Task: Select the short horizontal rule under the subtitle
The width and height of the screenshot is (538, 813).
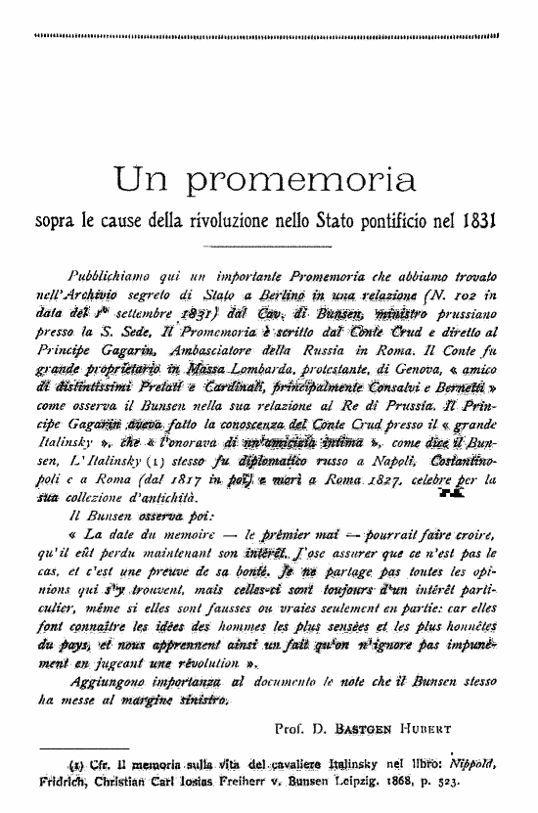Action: coord(269,245)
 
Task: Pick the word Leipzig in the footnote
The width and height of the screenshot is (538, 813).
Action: coord(358,784)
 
